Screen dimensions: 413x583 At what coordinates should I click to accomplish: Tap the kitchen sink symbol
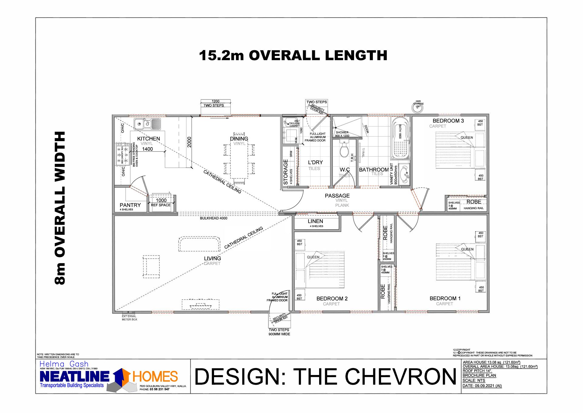coord(147,124)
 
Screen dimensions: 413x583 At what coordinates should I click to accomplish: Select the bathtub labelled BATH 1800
coord(400,138)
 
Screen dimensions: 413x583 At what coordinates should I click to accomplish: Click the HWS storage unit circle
coord(418,106)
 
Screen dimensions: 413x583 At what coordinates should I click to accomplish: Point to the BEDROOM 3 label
coord(448,121)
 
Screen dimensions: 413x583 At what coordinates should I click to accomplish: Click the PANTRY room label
coord(130,205)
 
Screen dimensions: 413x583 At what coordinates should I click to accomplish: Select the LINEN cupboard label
coord(315,221)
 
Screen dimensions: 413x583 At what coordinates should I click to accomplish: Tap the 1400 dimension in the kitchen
coord(147,149)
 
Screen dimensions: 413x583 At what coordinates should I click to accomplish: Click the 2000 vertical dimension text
coord(189,142)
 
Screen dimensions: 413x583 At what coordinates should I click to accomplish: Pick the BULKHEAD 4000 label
coord(213,218)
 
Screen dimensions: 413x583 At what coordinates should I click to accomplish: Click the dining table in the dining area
coord(239,160)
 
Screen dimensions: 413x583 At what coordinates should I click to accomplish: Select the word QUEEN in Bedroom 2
coord(313,257)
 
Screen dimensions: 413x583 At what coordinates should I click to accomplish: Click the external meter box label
coord(129,318)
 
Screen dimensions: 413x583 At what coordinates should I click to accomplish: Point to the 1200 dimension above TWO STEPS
coord(215,101)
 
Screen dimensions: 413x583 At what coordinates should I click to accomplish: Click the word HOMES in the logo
coord(155,377)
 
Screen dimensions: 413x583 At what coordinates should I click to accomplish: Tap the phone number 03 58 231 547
coord(159,389)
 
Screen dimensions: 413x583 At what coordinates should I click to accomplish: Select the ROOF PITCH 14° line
coord(477,371)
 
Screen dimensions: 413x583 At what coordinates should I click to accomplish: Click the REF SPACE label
coord(161,205)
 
